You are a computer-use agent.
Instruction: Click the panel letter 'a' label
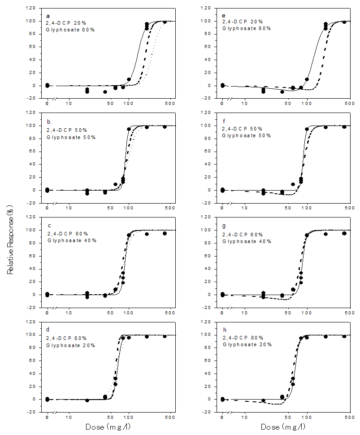coord(48,16)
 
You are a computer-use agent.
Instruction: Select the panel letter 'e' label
coord(223,16)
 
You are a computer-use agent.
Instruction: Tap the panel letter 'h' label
coord(223,331)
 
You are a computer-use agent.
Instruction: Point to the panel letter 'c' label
coord(48,226)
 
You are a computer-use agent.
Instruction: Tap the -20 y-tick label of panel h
coord(207,412)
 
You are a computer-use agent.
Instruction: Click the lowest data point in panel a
coord(105,92)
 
